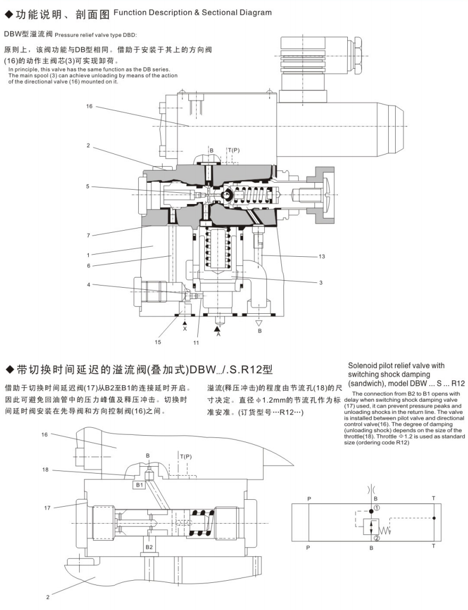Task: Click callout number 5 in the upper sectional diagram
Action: [x=88, y=186]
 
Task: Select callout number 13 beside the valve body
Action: [x=322, y=256]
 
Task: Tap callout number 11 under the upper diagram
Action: [x=196, y=343]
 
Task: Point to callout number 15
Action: [x=157, y=341]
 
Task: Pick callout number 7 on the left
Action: [x=88, y=235]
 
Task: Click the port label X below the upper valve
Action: [x=185, y=329]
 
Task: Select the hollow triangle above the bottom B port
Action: [x=260, y=322]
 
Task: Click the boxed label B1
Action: [x=139, y=485]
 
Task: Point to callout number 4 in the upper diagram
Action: [x=88, y=284]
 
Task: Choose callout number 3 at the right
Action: [x=321, y=282]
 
